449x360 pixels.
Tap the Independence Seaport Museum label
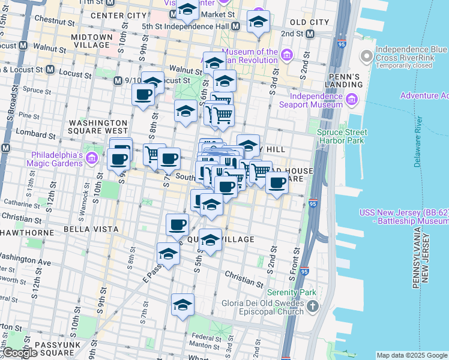click(316, 100)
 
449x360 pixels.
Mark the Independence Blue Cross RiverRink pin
click(366, 57)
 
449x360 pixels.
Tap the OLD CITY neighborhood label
click(310, 22)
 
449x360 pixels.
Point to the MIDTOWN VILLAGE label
click(92, 41)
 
